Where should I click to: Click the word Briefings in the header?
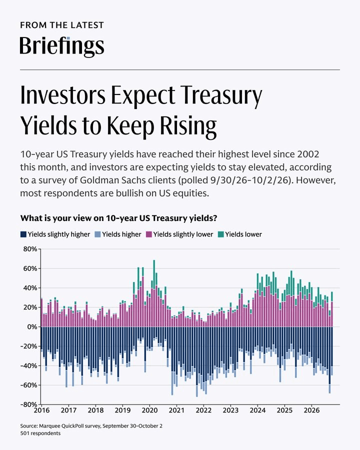pyautogui.click(x=61, y=46)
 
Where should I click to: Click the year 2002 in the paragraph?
pyautogui.click(x=308, y=154)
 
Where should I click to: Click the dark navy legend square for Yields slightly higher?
pyautogui.click(x=23, y=234)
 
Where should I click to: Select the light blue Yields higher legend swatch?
pyautogui.click(x=97, y=234)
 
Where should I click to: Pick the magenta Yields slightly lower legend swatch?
pyautogui.click(x=148, y=234)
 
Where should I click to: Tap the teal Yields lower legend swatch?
pyautogui.click(x=220, y=234)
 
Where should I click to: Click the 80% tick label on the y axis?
pyautogui.click(x=30, y=249)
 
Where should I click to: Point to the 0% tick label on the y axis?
pyautogui.click(x=32, y=326)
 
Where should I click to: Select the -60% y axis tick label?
pyautogui.click(x=28, y=385)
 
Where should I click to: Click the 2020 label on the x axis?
pyautogui.click(x=149, y=410)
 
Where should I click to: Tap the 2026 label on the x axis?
pyautogui.click(x=311, y=410)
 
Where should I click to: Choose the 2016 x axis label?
pyautogui.click(x=41, y=410)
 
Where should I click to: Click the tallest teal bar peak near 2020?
pyautogui.click(x=154, y=260)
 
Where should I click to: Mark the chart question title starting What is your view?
pyautogui.click(x=118, y=218)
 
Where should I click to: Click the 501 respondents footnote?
pyautogui.click(x=40, y=433)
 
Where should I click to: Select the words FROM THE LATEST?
pyautogui.click(x=61, y=25)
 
